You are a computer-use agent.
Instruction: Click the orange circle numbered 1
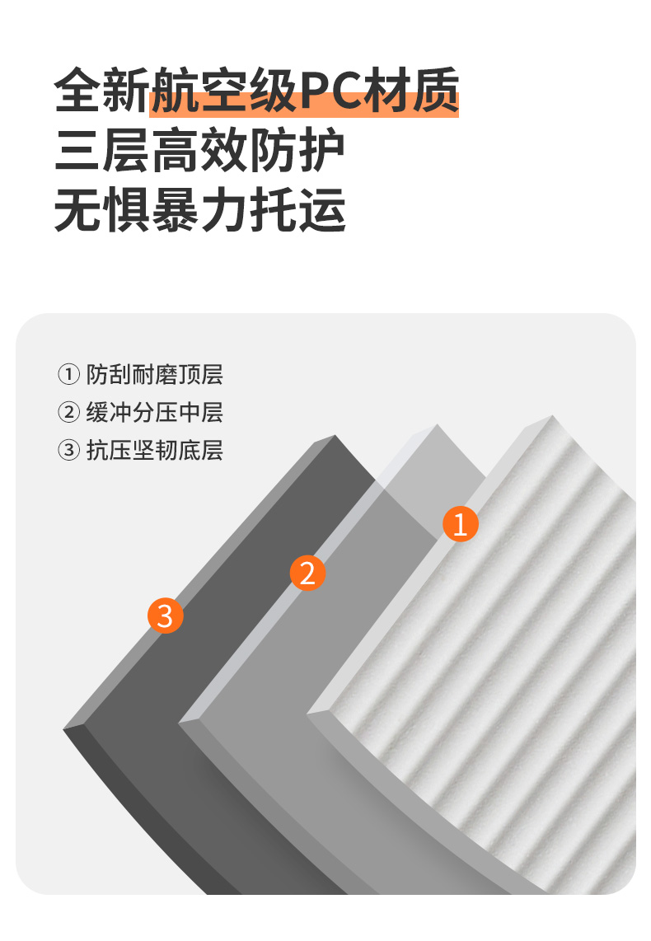tap(460, 524)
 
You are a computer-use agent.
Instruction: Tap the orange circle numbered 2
tap(307, 573)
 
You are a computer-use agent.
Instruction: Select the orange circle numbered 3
tap(165, 616)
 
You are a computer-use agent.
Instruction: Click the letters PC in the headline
tap(332, 91)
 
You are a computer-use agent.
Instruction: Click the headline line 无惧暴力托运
tap(199, 209)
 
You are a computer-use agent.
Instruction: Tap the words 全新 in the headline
tap(101, 91)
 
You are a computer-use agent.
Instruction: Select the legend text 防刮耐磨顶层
tap(154, 374)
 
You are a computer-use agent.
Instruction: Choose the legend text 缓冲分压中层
tap(154, 412)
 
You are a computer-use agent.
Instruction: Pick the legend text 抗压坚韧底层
tap(154, 450)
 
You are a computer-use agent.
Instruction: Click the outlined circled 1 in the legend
tap(68, 374)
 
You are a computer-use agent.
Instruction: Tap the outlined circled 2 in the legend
tap(68, 412)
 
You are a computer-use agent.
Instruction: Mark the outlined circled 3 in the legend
tap(68, 450)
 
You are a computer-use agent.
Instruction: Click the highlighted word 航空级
tap(224, 91)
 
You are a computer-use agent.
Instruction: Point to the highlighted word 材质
tap(412, 91)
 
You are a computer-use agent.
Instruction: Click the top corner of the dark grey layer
tap(335, 435)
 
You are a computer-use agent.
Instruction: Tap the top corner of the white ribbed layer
tap(553, 415)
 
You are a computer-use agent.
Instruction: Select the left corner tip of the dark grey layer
tap(63, 729)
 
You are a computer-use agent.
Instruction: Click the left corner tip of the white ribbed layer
tap(308, 713)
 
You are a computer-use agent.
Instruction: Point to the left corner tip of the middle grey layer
tap(180, 722)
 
